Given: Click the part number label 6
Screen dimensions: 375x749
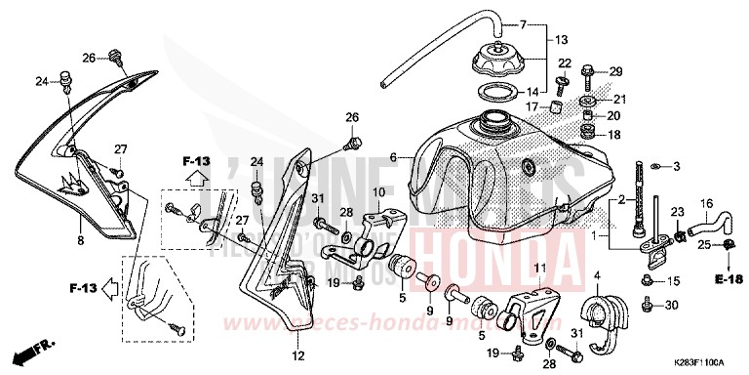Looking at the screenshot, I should coord(393,157).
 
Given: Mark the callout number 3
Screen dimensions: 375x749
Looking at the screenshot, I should coord(675,167).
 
